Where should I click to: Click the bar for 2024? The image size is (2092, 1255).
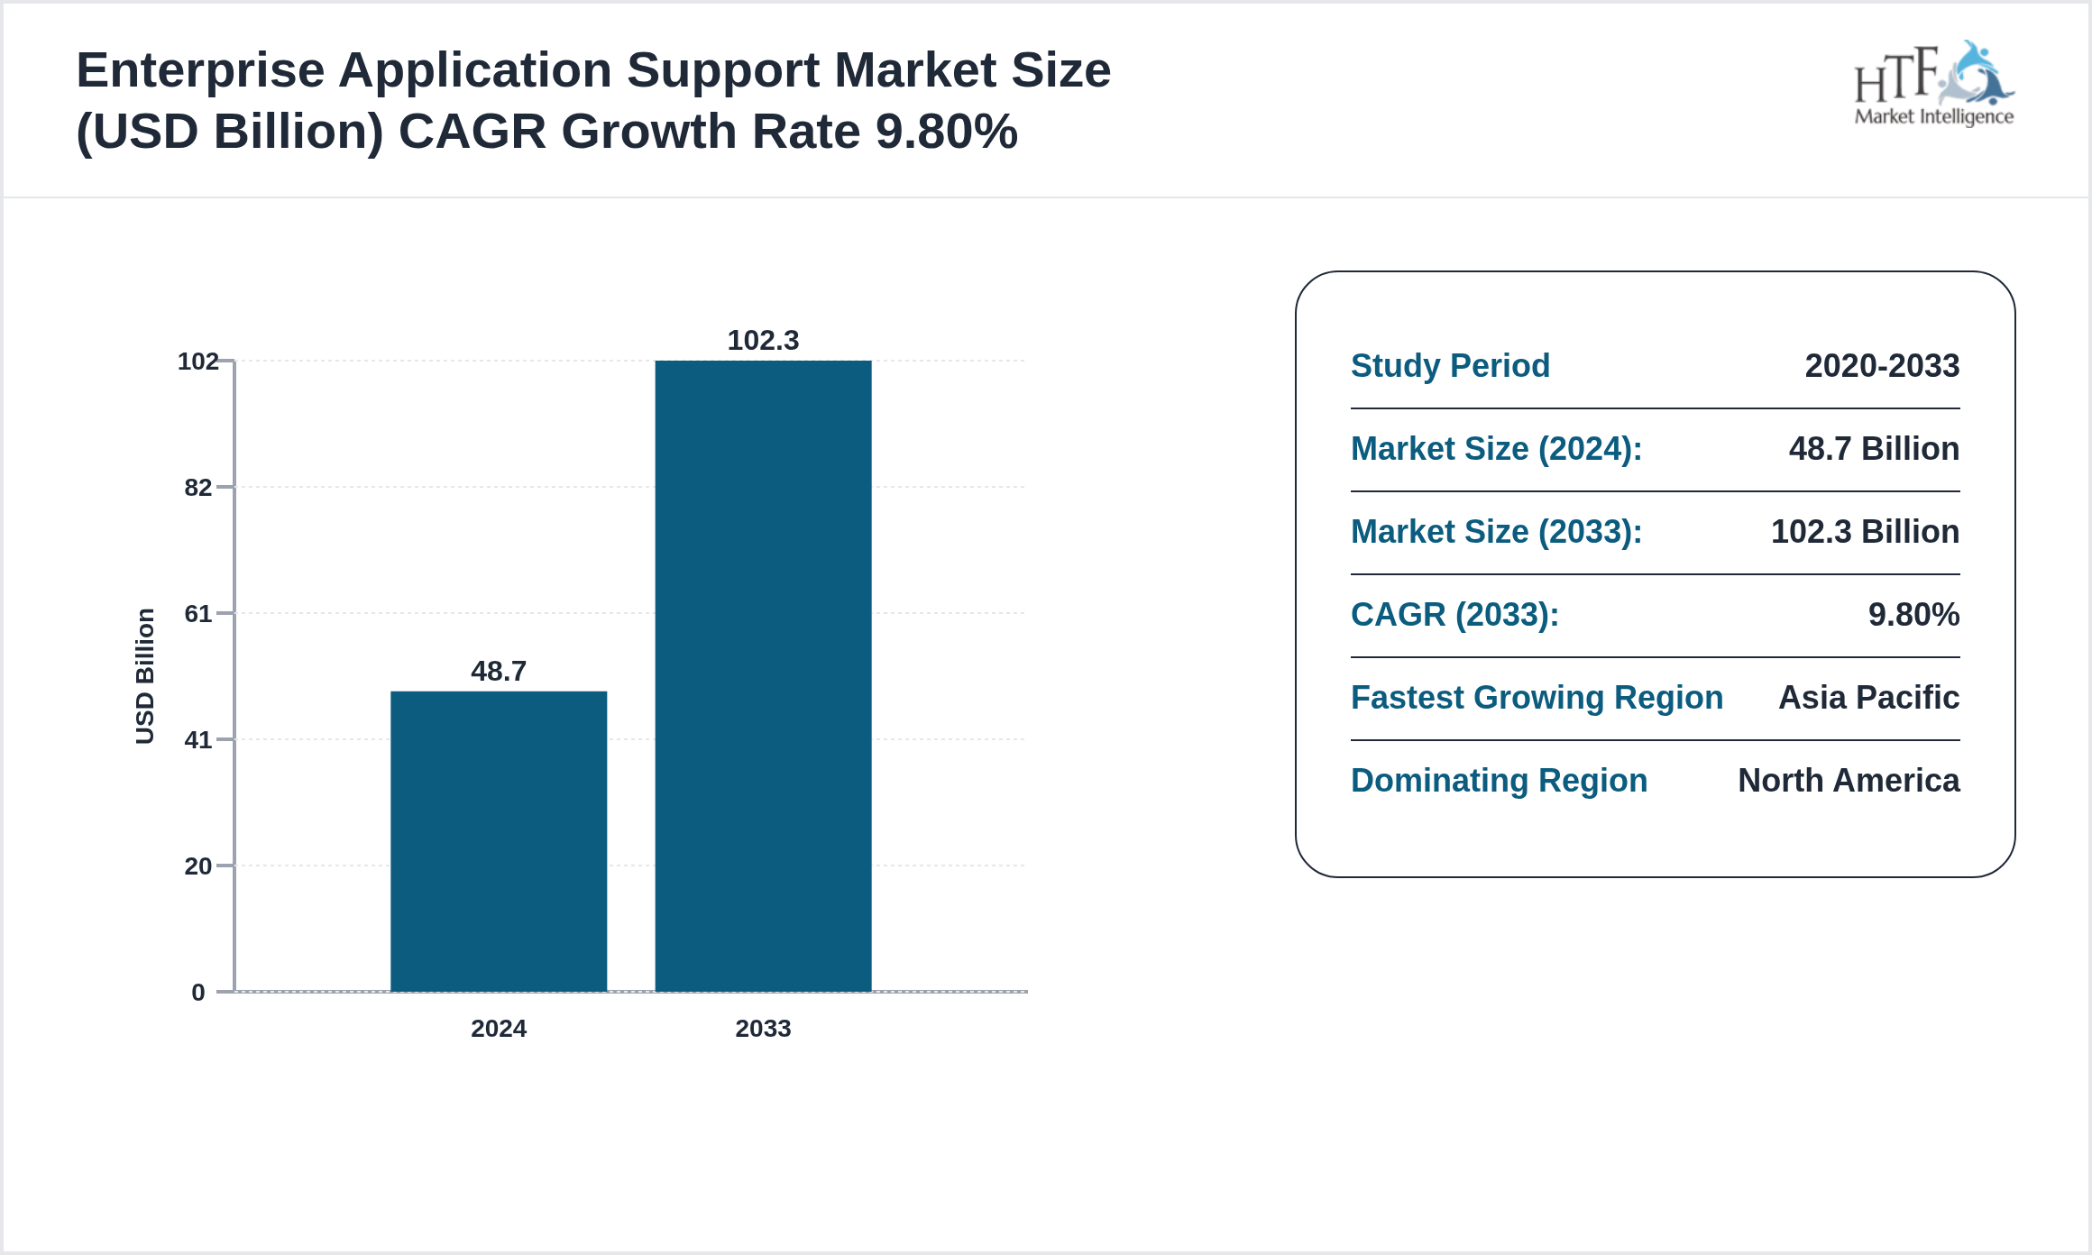coord(499,840)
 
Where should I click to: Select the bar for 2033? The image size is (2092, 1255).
coord(763,676)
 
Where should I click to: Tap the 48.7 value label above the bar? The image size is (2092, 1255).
coord(499,671)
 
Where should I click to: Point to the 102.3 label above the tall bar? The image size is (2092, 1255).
coord(763,340)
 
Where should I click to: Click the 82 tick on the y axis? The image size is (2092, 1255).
coord(198,488)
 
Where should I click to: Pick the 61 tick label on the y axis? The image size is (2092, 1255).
coord(198,614)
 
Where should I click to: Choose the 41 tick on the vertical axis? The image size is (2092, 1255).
coord(198,740)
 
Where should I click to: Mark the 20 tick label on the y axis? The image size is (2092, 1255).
coord(198,866)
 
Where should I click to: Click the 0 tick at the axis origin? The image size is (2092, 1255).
coord(198,993)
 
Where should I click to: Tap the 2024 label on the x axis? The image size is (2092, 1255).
coord(499,1029)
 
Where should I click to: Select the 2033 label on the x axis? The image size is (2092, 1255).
coord(763,1029)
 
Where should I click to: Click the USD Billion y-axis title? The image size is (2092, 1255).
coord(145,676)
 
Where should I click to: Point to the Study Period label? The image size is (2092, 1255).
coord(1450,366)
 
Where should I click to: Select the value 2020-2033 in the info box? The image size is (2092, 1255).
coord(1882,366)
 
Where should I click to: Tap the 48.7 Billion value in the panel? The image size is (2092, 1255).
coord(1874,449)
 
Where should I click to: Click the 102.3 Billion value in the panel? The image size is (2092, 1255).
coord(1865,532)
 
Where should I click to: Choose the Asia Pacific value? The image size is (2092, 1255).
coord(1868,698)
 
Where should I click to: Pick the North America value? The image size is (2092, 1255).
coord(1849,781)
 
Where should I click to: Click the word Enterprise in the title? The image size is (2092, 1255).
coord(200,70)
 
